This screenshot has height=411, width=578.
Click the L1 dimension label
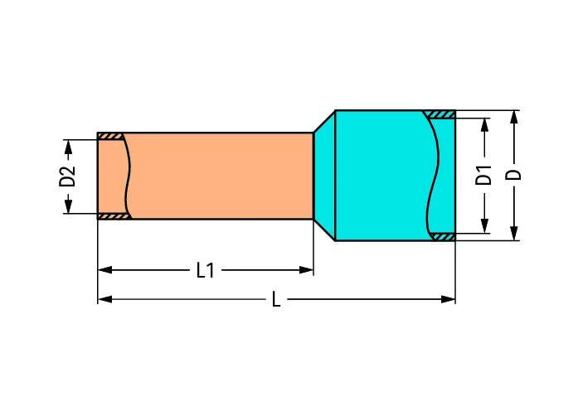[x=205, y=270]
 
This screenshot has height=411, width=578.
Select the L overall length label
[x=276, y=299]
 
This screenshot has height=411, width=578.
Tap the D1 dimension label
[x=485, y=176]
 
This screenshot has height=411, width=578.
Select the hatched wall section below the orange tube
[x=113, y=216]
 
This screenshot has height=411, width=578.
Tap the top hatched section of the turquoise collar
[x=440, y=114]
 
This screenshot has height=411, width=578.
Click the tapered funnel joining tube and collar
[x=323, y=176]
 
